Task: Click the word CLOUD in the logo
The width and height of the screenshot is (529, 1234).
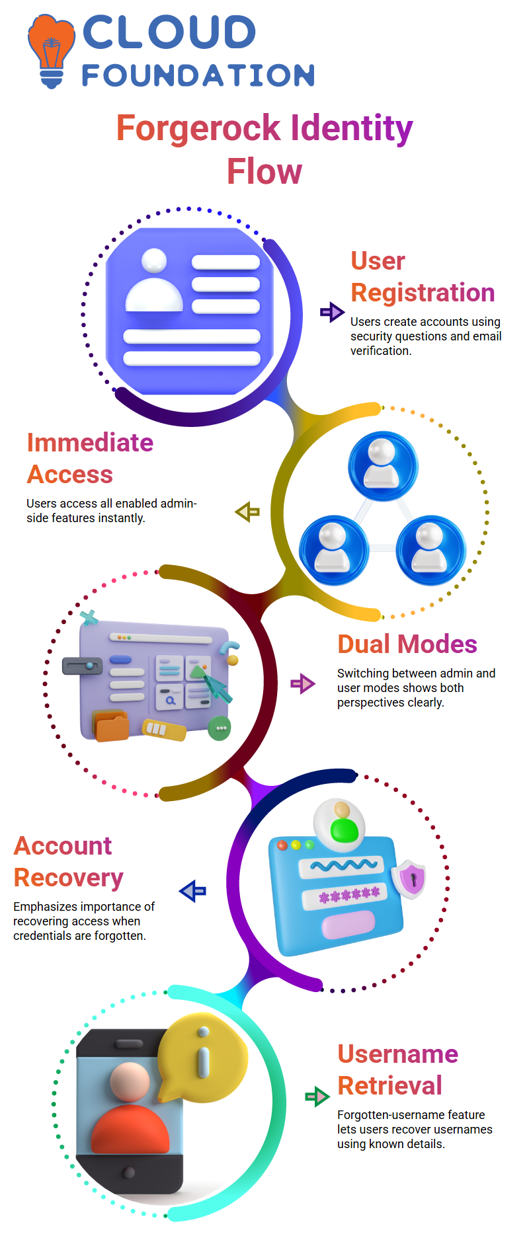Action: tap(169, 32)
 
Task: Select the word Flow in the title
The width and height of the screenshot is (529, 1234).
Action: tap(264, 172)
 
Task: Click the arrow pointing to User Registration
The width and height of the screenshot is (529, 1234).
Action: tap(332, 312)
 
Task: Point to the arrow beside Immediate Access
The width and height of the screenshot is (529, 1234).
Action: tap(247, 512)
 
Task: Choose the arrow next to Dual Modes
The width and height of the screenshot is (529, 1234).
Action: tap(303, 683)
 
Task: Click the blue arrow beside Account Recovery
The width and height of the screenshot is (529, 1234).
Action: tap(193, 891)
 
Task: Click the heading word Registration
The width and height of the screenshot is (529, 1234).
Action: tap(423, 292)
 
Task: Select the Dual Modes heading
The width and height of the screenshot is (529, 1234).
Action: tap(407, 644)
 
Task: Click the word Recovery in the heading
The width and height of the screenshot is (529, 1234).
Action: tap(69, 878)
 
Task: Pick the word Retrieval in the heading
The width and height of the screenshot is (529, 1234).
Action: tap(389, 1085)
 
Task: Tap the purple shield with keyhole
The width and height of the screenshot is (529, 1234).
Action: tap(410, 878)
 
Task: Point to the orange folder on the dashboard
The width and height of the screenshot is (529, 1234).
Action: tap(112, 727)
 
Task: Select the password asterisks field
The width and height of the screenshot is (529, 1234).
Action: tap(350, 896)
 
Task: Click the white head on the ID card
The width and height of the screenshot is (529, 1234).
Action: tap(154, 260)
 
